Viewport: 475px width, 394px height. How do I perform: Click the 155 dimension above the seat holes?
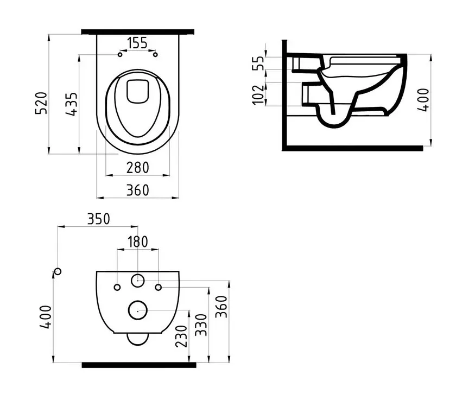(137, 43)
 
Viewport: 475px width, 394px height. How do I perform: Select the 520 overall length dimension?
(42, 103)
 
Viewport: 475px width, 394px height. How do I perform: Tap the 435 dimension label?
(72, 104)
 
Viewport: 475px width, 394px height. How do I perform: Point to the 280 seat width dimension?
(138, 168)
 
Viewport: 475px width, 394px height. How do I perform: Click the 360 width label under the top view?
(138, 190)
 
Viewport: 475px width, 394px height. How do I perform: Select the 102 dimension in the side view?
(258, 94)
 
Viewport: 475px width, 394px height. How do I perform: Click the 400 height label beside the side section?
(423, 100)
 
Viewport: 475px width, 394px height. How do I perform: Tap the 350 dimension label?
(98, 219)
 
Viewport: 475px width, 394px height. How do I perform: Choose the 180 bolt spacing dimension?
(137, 242)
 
